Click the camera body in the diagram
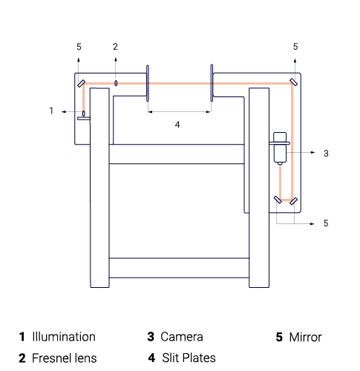280,148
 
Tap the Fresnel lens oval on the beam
116,83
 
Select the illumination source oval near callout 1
84,114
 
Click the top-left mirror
82,84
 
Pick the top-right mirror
294,82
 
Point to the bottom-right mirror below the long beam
293,201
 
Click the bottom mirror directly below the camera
278,200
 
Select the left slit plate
148,83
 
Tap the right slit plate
212,83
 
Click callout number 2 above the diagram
115,47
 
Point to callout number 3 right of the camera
326,154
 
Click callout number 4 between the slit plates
177,125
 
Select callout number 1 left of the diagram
51,111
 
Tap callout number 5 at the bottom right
326,223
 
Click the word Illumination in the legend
64,337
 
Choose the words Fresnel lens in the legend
65,358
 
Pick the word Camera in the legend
182,337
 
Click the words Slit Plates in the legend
189,358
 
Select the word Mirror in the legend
306,337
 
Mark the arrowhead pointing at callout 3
313,153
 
